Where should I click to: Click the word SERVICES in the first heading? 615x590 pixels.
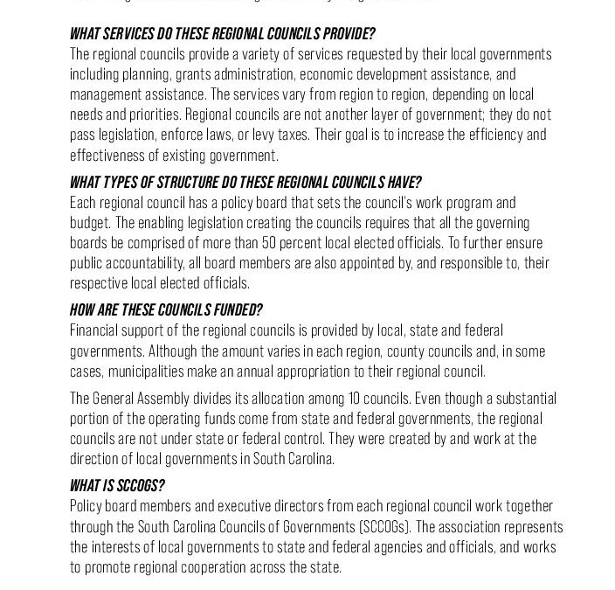(x=128, y=34)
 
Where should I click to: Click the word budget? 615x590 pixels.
(x=90, y=223)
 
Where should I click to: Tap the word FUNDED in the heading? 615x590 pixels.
(x=233, y=310)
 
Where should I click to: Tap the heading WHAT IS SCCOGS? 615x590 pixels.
(x=117, y=485)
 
